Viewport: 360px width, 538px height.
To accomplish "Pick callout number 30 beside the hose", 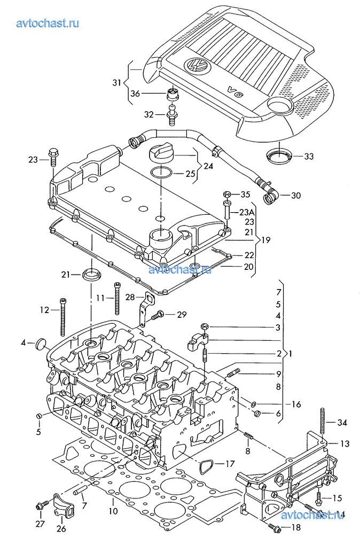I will click(295, 196).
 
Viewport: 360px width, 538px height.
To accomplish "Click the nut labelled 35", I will click(226, 194).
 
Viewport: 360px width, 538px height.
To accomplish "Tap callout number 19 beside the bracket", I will click(265, 240).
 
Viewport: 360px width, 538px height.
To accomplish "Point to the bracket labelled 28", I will click(144, 307).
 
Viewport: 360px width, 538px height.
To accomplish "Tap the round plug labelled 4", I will click(41, 345).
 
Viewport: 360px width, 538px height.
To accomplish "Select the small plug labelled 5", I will click(38, 416).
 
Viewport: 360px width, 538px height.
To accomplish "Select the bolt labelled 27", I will click(40, 506).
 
